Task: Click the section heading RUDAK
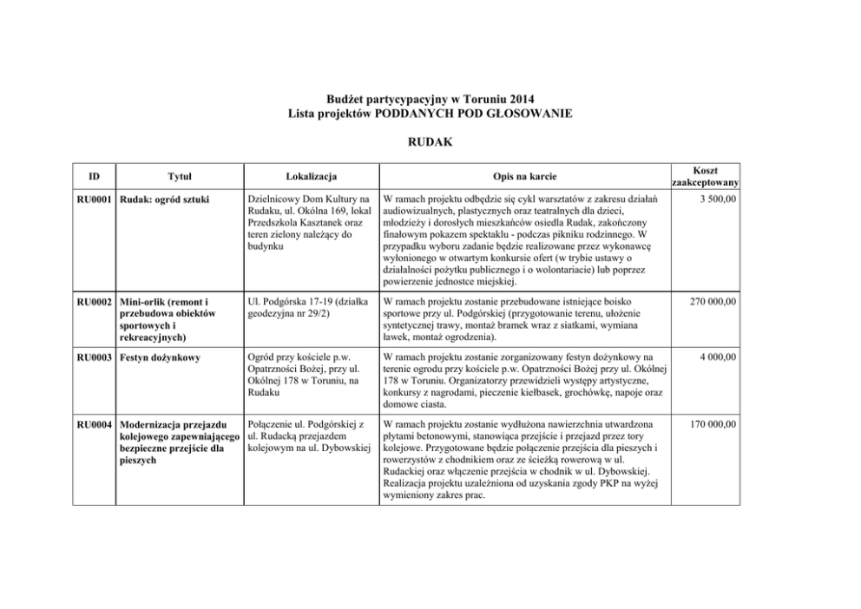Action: tap(430, 140)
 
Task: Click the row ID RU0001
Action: tap(94, 200)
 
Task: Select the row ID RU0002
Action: tap(94, 302)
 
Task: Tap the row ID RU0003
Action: tap(94, 356)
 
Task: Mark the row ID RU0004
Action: tap(94, 424)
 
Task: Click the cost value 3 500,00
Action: tap(717, 200)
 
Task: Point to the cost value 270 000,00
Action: tap(710, 302)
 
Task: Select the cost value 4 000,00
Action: tap(717, 356)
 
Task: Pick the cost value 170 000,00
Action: tap(710, 424)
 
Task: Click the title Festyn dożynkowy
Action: tap(161, 356)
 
